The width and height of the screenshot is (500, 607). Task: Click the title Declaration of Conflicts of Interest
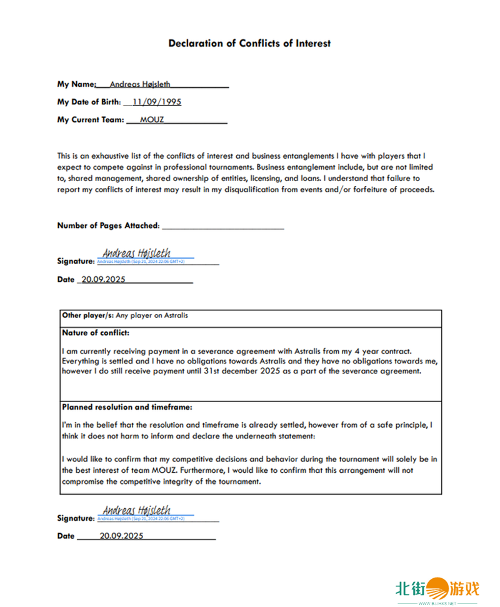(x=249, y=44)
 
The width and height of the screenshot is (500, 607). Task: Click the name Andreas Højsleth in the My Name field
(x=139, y=84)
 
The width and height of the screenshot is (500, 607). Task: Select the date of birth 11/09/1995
(x=156, y=102)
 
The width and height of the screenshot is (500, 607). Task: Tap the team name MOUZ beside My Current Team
(x=152, y=119)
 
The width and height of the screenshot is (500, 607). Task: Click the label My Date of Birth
(x=88, y=102)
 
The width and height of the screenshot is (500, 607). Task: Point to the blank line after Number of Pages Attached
(x=222, y=226)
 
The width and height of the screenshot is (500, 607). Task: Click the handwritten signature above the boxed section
(x=136, y=254)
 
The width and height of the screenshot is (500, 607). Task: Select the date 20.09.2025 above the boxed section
(x=104, y=280)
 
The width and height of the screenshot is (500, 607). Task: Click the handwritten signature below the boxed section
(x=136, y=510)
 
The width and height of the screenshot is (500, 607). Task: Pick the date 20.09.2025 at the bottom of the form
(x=121, y=536)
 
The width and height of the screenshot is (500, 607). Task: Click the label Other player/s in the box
(x=87, y=315)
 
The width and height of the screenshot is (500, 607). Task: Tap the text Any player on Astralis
(x=152, y=315)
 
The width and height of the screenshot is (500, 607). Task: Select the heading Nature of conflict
(x=96, y=333)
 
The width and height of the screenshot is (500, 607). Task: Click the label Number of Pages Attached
(x=108, y=225)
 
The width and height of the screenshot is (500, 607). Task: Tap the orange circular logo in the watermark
(x=437, y=589)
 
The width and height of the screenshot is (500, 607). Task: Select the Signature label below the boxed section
(x=75, y=518)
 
